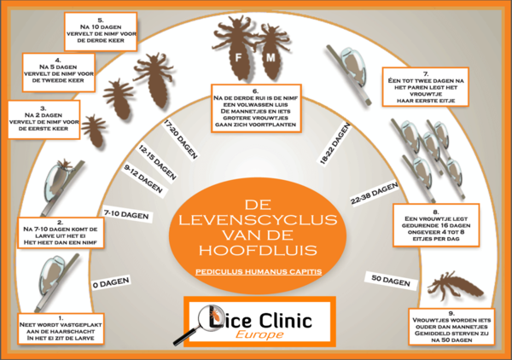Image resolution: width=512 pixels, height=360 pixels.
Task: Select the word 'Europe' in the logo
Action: point(260,335)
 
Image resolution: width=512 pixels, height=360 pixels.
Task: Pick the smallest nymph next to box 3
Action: point(93,128)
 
